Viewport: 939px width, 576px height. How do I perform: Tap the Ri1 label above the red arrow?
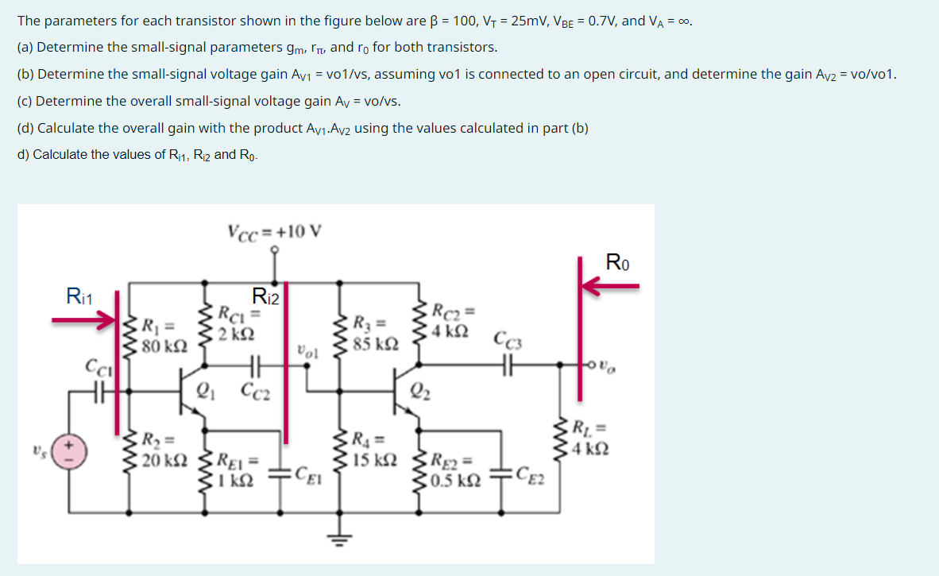80,298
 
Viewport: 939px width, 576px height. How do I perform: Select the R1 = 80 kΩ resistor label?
164,336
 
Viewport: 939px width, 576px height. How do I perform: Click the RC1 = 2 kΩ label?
236,323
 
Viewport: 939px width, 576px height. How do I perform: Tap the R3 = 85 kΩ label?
373,334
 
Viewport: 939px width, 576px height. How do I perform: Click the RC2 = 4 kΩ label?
452,318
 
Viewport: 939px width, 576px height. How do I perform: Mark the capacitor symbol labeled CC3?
508,365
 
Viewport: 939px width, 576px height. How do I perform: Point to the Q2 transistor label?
420,390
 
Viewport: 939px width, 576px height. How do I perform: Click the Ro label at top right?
618,262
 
